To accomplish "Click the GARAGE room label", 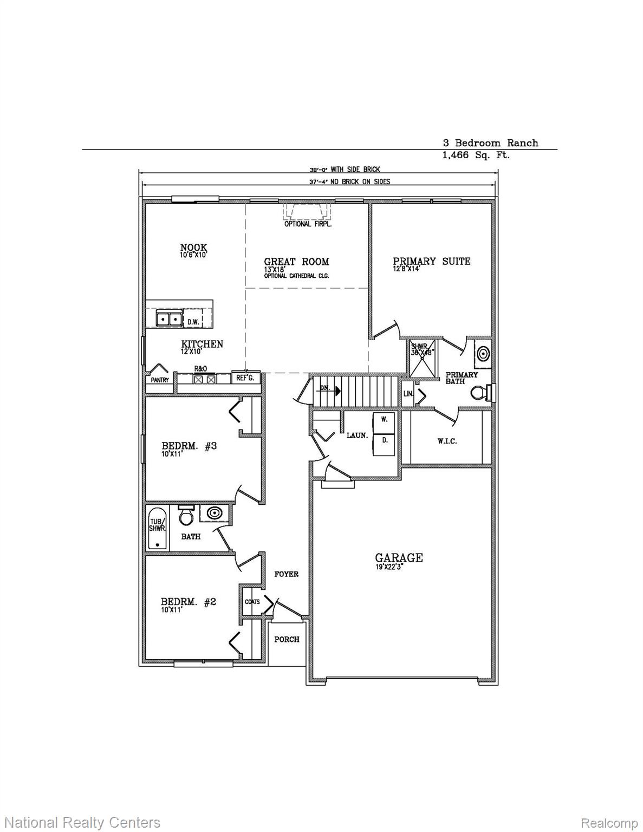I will tap(399, 557).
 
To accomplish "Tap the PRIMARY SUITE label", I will tap(432, 261).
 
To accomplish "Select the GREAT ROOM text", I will tap(296, 262).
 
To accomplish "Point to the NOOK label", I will tap(194, 248).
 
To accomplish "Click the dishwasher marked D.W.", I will tap(193, 322).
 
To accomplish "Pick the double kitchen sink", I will tap(168, 319).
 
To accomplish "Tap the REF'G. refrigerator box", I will tap(245, 378).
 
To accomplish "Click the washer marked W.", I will tap(385, 419).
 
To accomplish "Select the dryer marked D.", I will tap(385, 441).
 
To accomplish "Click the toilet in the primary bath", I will tap(479, 392).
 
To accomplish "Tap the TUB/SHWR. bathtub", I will tap(157, 528).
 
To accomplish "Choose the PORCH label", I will tap(287, 639).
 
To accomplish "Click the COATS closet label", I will tap(252, 602).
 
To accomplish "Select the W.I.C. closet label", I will tap(447, 441).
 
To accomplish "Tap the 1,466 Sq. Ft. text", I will tap(476, 155).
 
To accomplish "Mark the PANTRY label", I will tap(160, 380).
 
